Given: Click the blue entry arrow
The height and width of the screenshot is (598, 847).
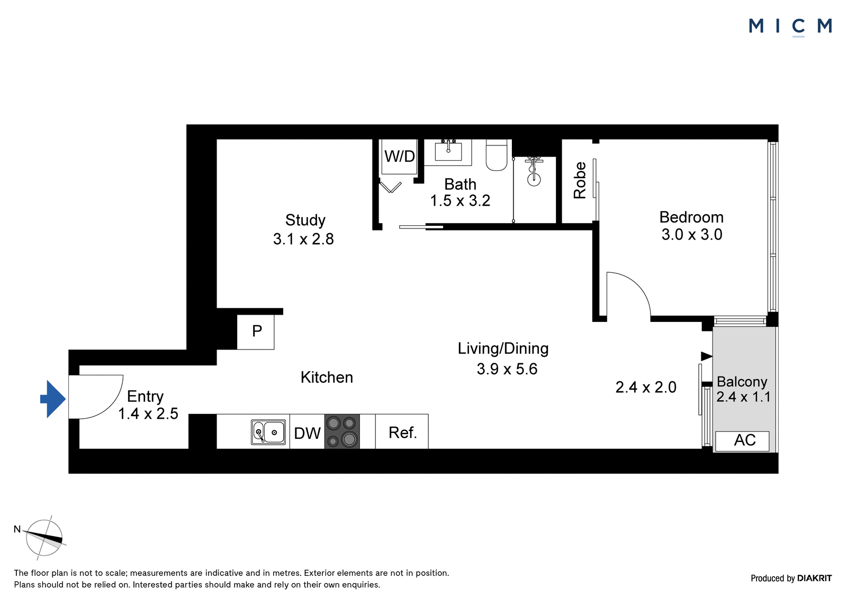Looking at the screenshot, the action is point(53,399).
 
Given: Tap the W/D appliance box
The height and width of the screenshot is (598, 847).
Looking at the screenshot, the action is point(399,157).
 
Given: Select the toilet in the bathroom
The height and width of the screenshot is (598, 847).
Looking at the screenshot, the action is point(497,155).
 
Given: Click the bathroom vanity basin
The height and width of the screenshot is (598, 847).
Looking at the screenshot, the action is point(448,152).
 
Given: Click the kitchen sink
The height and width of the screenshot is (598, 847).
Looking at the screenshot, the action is point(268,432).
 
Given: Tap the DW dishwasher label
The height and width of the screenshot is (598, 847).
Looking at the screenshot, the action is point(307,433).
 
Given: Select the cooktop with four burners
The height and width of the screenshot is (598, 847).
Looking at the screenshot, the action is point(342,431).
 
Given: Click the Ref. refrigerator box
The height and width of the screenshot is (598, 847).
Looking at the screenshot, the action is point(402,431).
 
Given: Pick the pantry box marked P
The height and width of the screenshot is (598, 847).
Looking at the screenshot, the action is point(256,332).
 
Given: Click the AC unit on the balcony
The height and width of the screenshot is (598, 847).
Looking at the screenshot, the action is point(742,441).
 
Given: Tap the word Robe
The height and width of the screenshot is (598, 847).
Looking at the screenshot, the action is point(580,180).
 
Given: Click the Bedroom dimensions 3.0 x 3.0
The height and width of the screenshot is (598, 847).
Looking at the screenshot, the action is point(691,235).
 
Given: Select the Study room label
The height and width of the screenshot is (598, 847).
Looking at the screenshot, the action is point(305,220).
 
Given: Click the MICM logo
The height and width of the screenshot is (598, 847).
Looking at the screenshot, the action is point(790,26).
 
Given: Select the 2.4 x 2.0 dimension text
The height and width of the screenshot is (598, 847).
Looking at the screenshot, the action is point(646,387).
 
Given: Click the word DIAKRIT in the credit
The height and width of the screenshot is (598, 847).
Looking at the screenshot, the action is point(814,578).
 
